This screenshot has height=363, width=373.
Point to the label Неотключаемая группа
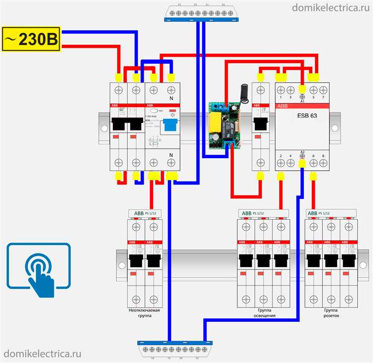[x=145, y=313]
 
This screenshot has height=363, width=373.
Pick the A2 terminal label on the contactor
[x=302, y=152]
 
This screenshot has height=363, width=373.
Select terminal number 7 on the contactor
[x=324, y=97]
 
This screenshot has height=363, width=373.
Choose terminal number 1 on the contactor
[x=281, y=97]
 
